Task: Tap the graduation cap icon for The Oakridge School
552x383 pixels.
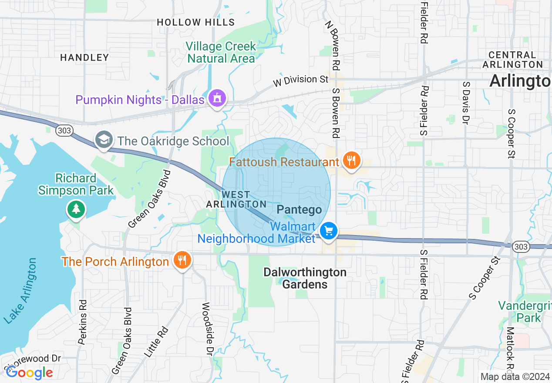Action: click(104, 140)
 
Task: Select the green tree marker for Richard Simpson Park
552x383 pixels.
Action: click(76, 209)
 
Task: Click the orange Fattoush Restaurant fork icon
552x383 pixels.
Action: click(350, 161)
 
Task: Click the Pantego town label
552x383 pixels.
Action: click(299, 210)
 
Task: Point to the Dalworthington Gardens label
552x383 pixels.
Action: click(305, 278)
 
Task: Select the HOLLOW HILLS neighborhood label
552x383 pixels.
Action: click(195, 22)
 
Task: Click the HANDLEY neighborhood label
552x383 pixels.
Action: click(84, 57)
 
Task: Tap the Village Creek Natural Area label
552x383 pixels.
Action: click(221, 52)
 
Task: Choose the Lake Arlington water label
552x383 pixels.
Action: click(20, 291)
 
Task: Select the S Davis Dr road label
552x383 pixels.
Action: click(466, 101)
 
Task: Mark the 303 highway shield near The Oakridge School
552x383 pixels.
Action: click(64, 130)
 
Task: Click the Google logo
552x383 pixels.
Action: click(29, 373)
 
